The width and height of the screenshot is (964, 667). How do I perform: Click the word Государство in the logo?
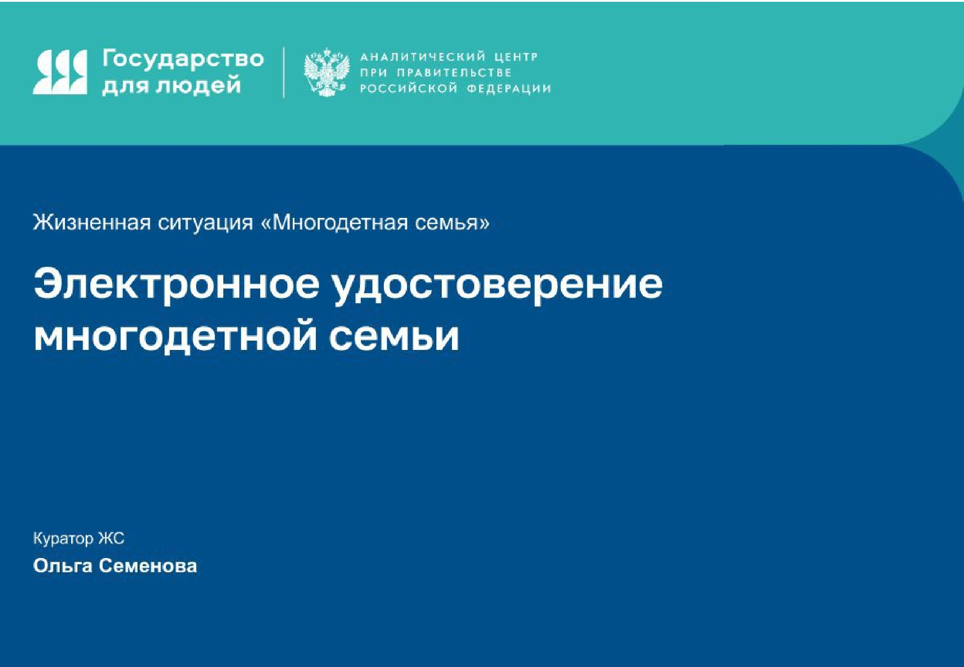coord(183,60)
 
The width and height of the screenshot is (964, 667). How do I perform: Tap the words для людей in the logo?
coord(172,84)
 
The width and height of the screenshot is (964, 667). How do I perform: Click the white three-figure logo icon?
coord(60,72)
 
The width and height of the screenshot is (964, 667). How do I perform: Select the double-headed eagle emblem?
coord(326,72)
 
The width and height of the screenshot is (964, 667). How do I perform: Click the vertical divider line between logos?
coord(284,72)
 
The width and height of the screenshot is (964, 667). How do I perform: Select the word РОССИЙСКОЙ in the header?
coord(409,88)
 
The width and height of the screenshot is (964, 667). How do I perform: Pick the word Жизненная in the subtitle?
coord(92,222)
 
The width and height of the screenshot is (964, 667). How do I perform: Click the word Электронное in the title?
coord(177,283)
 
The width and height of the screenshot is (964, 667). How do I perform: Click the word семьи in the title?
coord(394,337)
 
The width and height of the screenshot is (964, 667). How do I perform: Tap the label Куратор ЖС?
coord(79,538)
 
